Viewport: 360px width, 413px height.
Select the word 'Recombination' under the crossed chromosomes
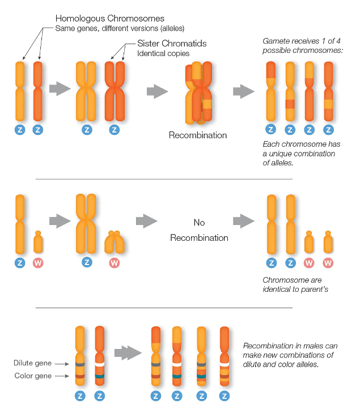point(198,135)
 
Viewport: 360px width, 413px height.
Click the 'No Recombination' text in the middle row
point(199,229)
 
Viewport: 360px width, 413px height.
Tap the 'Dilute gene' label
point(33,363)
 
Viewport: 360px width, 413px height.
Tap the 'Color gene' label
point(33,376)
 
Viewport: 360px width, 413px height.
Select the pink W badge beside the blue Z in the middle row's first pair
point(37,263)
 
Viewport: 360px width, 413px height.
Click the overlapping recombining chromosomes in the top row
point(198,93)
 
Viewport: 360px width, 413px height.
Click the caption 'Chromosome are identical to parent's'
point(295,285)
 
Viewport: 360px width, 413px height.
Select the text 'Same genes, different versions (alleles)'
point(120,28)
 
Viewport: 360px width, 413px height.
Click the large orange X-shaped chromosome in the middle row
point(87,223)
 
